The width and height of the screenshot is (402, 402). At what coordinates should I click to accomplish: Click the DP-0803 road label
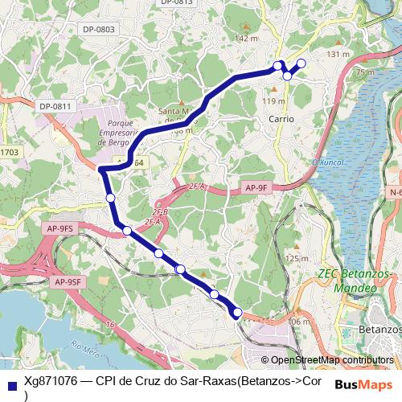point(99,30)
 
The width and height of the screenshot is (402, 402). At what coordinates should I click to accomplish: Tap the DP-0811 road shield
point(55,106)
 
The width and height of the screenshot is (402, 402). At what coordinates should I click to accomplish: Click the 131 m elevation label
point(340,54)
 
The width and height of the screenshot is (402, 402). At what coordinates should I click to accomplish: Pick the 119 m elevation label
point(274,101)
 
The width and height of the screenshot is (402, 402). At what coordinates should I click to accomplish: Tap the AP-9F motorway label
point(256,187)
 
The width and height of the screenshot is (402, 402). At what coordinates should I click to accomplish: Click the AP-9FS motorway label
point(60,228)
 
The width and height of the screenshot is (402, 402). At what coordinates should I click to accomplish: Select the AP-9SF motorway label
point(68,281)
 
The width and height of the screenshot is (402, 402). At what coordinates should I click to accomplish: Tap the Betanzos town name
point(380,330)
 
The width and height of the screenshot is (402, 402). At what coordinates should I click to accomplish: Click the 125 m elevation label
point(297,258)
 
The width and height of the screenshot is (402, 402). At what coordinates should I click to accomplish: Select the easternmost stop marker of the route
point(301,63)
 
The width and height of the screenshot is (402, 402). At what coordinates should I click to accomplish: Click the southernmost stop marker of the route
point(237,313)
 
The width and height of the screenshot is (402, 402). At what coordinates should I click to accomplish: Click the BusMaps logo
point(365,384)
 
